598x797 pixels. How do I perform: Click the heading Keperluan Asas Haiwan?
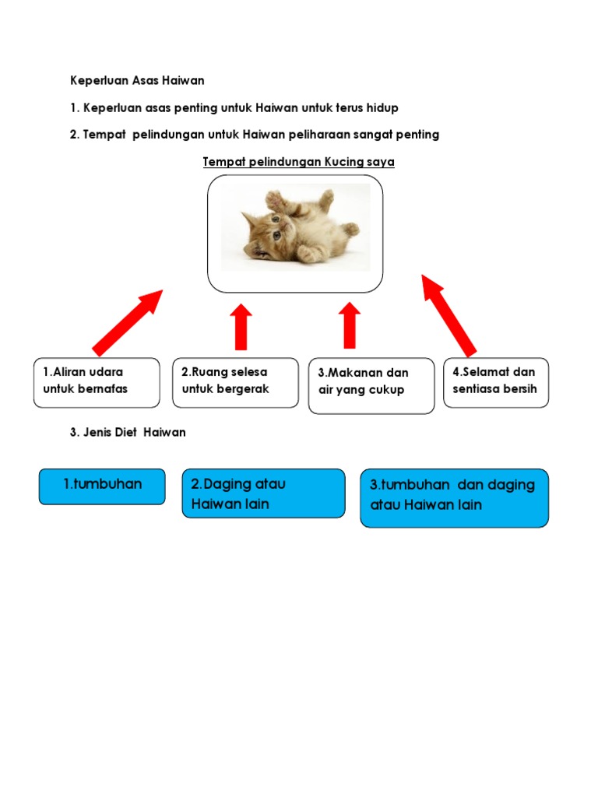(x=137, y=80)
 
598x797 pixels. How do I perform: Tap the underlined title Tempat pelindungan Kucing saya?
(x=298, y=162)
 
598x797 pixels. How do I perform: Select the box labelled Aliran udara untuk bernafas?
(x=97, y=382)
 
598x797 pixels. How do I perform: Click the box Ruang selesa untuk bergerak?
(x=235, y=382)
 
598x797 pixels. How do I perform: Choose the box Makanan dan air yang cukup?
(x=371, y=385)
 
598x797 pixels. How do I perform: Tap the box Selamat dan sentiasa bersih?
(x=496, y=382)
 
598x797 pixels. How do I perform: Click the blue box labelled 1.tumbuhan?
(x=102, y=486)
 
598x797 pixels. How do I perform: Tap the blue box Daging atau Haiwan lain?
(x=263, y=493)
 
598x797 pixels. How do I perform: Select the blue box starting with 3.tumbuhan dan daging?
(x=454, y=497)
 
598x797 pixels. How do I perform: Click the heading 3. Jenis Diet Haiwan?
(x=128, y=432)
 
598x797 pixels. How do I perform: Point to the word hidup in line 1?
(x=383, y=107)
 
